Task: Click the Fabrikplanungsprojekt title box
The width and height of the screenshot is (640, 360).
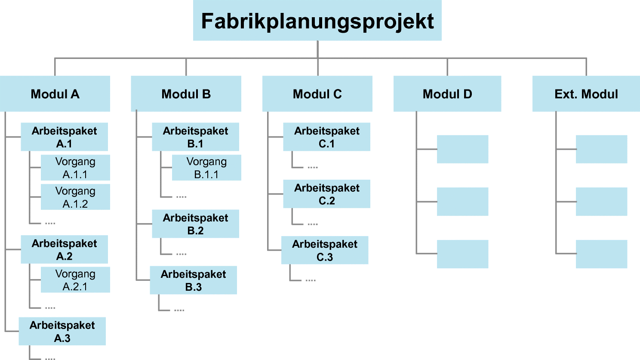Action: [317, 20]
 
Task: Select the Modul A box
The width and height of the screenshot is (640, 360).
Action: [55, 94]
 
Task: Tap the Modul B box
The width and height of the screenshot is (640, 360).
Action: [186, 94]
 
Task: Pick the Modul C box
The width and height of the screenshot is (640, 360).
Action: [317, 94]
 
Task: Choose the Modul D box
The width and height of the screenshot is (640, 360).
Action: [447, 94]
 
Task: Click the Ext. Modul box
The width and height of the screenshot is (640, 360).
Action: [586, 94]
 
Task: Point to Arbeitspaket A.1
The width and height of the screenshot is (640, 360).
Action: [64, 137]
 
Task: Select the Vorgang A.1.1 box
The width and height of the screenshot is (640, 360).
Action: [75, 168]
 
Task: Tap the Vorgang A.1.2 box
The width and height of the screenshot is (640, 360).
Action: [75, 197]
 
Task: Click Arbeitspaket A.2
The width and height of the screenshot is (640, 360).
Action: [64, 249]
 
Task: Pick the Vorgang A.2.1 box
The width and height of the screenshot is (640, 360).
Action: [75, 280]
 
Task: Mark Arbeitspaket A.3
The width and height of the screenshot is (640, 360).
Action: [62, 331]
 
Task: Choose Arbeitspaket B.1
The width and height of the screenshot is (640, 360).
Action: [195, 137]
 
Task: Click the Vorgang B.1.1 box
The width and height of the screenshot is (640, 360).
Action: [206, 168]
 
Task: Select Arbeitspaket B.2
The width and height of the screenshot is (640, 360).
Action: [195, 224]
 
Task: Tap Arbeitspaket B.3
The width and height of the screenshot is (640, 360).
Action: [194, 280]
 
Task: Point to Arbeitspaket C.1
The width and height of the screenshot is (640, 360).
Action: [326, 137]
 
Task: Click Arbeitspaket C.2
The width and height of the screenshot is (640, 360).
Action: [326, 194]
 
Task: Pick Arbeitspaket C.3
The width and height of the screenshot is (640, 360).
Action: [325, 250]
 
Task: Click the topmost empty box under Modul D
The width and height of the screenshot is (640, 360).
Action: [462, 149]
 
